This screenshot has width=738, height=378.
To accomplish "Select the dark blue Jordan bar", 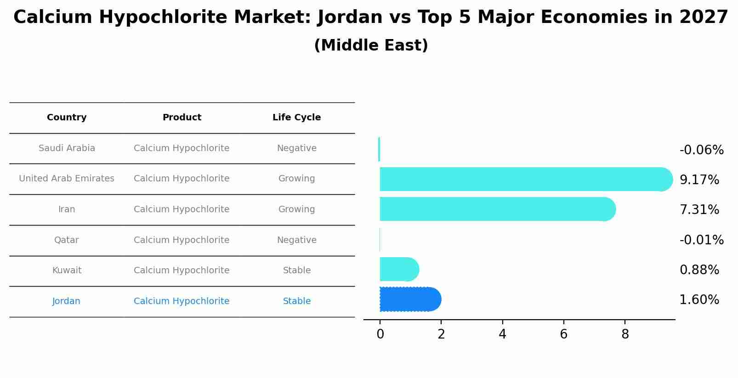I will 409,299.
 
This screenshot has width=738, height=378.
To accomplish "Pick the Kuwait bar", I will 398,269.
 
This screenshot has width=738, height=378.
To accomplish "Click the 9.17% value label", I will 699,180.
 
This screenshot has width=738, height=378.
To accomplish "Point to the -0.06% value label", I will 701,150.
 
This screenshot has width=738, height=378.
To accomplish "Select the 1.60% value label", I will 699,300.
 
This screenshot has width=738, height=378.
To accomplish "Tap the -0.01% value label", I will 701,240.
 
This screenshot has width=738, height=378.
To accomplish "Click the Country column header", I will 67,118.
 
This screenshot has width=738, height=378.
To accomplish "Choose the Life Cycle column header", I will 296,118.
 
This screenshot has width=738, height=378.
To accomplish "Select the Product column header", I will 182,118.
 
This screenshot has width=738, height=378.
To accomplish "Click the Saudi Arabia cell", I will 67,148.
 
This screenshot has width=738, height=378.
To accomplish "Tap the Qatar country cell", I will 67,240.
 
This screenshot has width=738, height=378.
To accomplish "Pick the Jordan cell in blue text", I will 66,301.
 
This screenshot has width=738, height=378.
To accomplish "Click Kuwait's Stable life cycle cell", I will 296,271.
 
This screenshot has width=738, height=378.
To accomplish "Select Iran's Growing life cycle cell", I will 296,209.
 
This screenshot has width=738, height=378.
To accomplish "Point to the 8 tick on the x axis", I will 625,334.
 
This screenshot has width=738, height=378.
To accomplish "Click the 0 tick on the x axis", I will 380,334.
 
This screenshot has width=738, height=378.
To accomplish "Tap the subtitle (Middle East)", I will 371,45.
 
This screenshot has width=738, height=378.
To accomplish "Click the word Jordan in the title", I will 350,17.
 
